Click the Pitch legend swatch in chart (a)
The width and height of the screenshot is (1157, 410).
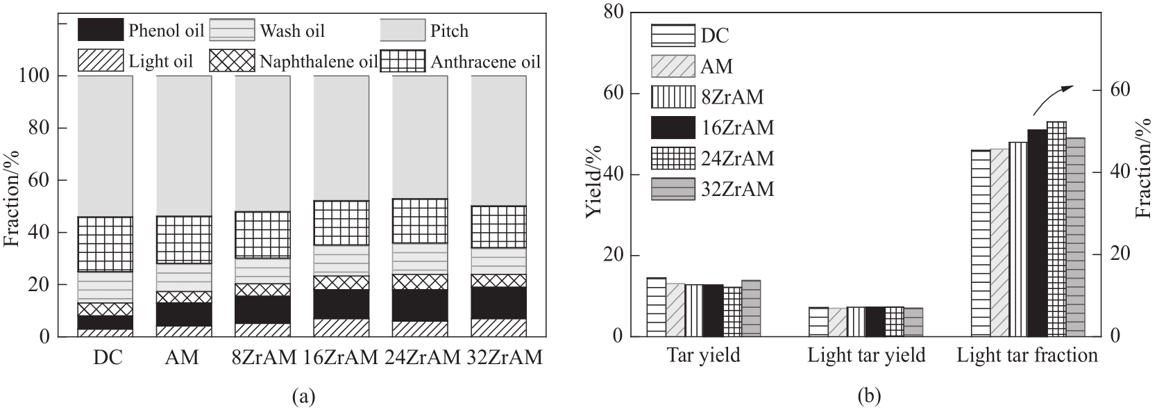402,31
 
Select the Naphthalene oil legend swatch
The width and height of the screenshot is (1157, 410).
232,61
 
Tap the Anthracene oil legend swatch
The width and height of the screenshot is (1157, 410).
403,61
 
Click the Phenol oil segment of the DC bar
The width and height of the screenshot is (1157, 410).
105,322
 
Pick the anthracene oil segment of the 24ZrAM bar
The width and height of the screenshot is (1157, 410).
420,221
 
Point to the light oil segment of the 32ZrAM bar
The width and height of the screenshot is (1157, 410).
498,328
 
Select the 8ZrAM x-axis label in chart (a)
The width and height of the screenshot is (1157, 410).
263,358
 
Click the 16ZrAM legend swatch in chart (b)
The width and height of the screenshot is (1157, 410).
673,128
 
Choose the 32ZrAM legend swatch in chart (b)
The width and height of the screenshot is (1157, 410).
673,189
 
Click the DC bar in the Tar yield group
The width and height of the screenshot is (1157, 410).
656,307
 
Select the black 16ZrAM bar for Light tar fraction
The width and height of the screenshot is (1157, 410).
1037,233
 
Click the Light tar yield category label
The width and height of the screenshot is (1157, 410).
866,356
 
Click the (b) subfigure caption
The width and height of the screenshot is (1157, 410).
870,397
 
